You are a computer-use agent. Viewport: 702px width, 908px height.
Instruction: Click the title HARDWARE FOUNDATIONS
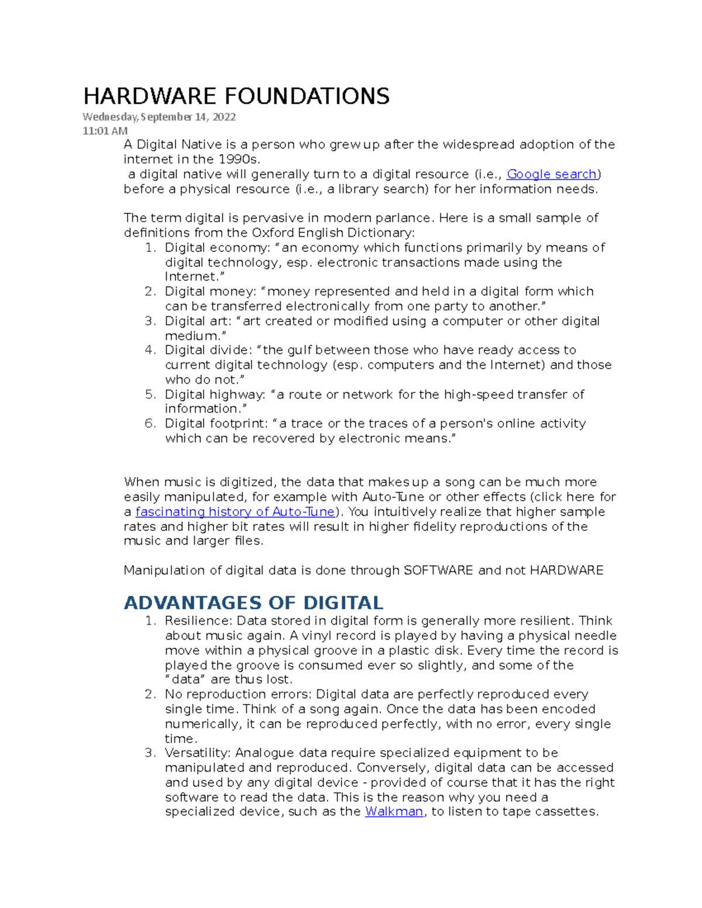(x=236, y=96)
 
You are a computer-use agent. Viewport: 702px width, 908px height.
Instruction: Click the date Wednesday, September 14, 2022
(x=159, y=117)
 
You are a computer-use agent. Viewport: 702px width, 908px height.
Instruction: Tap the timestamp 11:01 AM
(x=105, y=131)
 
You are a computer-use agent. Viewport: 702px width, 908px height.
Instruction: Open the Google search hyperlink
(x=551, y=174)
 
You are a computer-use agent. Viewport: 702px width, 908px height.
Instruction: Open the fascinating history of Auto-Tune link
(x=235, y=512)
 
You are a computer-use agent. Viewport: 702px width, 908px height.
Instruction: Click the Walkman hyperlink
(x=394, y=812)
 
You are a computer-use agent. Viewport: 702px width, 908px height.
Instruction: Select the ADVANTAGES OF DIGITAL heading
(x=253, y=603)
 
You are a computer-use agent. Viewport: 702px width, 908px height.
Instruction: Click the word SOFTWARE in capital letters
(x=438, y=571)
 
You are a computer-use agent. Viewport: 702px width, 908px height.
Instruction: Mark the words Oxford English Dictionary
(x=331, y=233)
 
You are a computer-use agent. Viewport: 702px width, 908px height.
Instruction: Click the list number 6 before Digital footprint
(x=150, y=424)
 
